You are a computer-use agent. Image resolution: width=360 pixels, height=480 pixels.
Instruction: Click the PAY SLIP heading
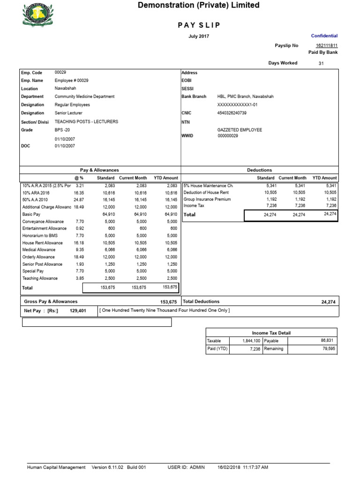(x=199, y=25)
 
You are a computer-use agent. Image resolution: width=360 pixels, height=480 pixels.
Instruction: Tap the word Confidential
(x=324, y=36)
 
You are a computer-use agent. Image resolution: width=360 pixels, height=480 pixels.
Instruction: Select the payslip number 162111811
(x=326, y=45)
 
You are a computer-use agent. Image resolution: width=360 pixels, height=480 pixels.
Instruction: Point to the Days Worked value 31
(x=321, y=63)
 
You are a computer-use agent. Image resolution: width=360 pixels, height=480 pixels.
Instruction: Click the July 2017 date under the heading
(x=199, y=36)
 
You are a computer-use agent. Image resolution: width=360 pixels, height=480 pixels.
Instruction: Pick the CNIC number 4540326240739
(x=232, y=113)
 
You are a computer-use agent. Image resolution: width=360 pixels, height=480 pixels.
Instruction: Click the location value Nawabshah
(x=65, y=88)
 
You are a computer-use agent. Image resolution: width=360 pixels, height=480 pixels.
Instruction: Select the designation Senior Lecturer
(x=68, y=113)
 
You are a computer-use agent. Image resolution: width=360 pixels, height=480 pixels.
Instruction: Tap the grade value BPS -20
(x=62, y=130)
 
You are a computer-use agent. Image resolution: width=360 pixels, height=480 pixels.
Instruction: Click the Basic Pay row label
(x=31, y=214)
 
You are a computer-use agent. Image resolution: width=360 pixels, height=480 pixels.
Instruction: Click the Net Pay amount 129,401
(x=79, y=310)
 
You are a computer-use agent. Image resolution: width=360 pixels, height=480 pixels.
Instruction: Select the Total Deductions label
(x=201, y=301)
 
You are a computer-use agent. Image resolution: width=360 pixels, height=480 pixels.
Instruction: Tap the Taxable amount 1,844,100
(x=251, y=341)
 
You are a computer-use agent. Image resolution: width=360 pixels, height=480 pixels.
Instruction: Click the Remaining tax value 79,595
(x=329, y=349)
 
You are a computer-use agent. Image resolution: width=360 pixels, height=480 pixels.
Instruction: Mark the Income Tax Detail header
(x=271, y=333)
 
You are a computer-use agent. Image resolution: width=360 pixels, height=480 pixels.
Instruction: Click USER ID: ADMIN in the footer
(x=186, y=467)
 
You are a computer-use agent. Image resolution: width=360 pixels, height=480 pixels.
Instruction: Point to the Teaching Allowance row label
(x=40, y=278)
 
